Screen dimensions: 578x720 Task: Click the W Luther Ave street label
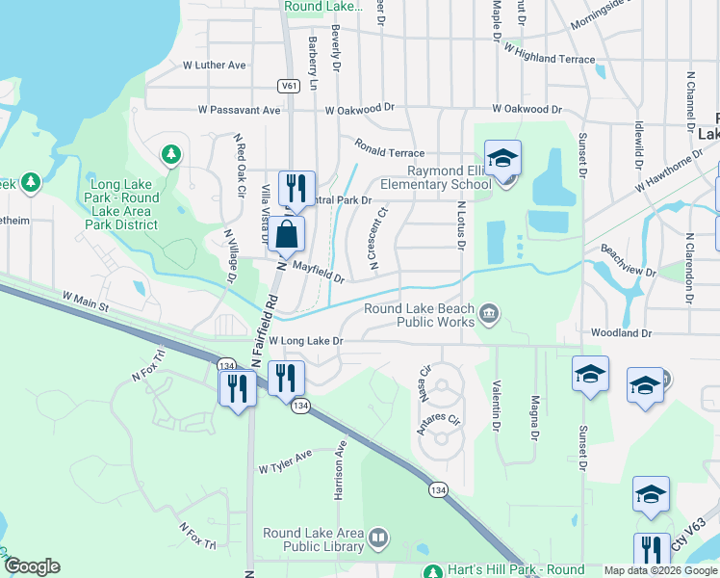[215, 66]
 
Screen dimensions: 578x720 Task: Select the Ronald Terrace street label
[389, 147]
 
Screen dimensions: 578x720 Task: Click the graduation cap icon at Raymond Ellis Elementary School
[502, 158]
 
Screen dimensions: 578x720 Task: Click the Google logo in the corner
[32, 567]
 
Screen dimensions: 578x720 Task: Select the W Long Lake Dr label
[305, 341]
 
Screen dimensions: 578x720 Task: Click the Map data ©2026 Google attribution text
[661, 570]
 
